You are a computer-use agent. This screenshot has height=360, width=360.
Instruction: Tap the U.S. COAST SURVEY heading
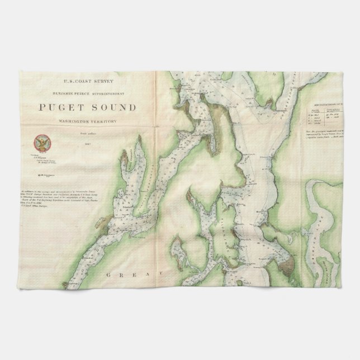click(84, 80)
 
